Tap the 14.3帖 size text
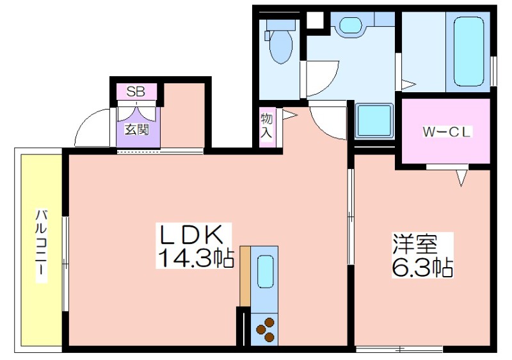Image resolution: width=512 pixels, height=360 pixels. click(x=196, y=258)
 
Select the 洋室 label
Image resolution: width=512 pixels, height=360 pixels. click(x=414, y=244)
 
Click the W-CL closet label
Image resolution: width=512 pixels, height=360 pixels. click(x=446, y=132)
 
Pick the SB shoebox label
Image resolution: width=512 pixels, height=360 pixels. click(x=136, y=92)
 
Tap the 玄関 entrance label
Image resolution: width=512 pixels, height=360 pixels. click(x=137, y=130)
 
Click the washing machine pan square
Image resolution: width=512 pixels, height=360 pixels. click(x=374, y=120)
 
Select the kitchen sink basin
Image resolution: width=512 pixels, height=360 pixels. click(x=265, y=271)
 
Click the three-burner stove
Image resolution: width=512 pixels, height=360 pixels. click(x=264, y=329)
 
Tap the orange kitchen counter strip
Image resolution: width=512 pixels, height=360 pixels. click(x=245, y=276)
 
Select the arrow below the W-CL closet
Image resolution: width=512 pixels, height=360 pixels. click(x=461, y=177)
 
